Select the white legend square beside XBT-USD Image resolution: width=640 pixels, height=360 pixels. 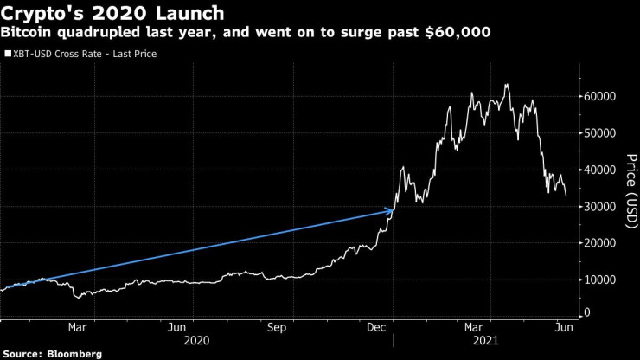click(8, 54)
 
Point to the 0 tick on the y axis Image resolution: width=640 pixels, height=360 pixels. click(589, 312)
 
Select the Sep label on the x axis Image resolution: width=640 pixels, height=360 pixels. click(277, 327)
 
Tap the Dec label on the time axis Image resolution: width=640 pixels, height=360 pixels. click(376, 327)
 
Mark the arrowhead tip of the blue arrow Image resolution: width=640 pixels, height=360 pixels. click(394, 209)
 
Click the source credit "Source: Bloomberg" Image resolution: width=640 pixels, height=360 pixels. click(52, 353)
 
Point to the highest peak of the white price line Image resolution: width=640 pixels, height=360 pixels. click(506, 85)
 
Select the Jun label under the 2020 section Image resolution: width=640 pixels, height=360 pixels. click(176, 327)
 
